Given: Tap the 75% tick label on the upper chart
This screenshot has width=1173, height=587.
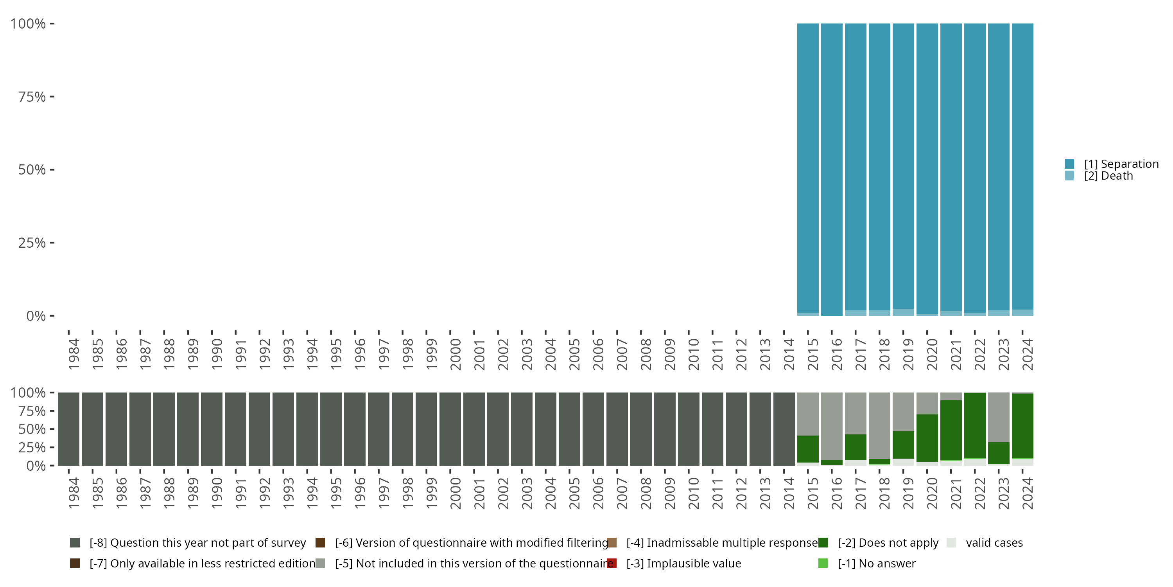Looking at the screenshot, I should pos(32,97).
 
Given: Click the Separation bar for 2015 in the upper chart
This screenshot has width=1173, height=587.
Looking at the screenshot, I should pos(808,169).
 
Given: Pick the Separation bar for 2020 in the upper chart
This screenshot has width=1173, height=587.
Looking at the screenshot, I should pos(927,169).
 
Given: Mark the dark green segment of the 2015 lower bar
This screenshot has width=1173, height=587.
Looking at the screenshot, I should pos(808,449).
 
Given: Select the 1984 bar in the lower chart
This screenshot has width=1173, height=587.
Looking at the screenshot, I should pos(68,429).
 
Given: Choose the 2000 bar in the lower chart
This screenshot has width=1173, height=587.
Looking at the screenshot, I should pos(450,429).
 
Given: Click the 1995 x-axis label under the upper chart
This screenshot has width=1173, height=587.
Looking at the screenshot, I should pos(336,354).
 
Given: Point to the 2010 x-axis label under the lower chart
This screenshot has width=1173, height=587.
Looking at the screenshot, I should pos(694,493).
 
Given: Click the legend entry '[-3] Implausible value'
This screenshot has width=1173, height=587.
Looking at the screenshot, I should pos(683,564).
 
